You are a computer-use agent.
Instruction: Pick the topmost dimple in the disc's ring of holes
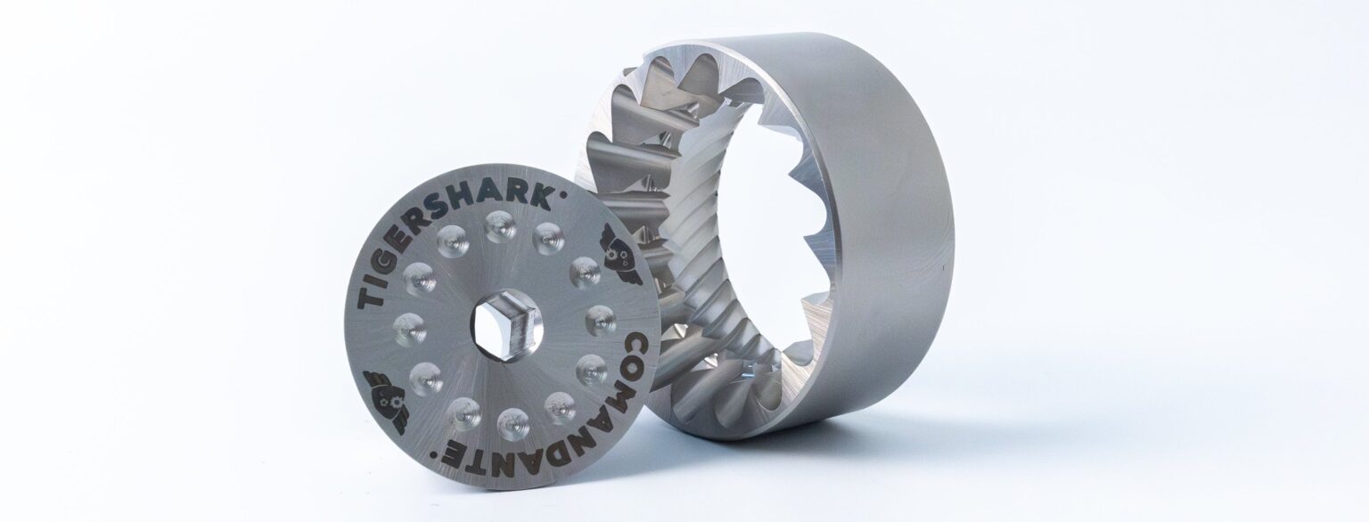(496, 230)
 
